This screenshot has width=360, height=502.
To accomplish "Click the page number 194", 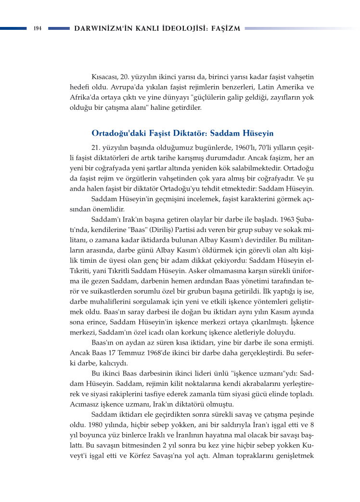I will click(x=37, y=28).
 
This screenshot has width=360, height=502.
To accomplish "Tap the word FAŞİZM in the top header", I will click(x=225, y=28).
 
